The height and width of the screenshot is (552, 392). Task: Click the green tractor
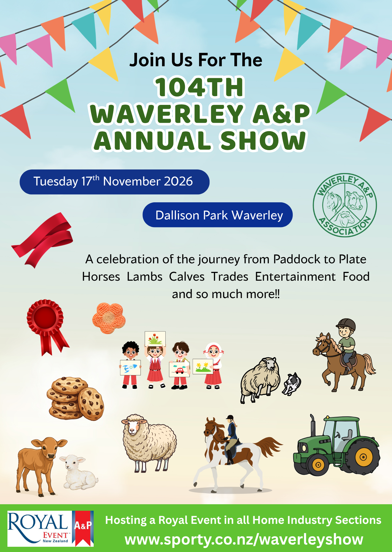click(x=336, y=446)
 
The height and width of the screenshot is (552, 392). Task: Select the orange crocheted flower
click(x=109, y=318)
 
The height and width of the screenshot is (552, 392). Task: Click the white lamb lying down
click(x=78, y=472)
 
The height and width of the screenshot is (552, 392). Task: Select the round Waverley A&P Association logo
click(x=345, y=205)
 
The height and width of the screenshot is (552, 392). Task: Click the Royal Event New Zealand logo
click(x=50, y=529)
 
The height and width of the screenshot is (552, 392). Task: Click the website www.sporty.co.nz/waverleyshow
click(x=244, y=540)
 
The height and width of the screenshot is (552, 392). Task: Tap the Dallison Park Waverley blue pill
click(x=218, y=215)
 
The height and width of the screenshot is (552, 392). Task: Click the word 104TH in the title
click(x=200, y=87)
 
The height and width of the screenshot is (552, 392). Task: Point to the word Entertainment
click(x=295, y=277)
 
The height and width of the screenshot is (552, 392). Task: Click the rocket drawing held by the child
click(x=130, y=368)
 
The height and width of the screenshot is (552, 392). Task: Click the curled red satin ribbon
click(x=43, y=239)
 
